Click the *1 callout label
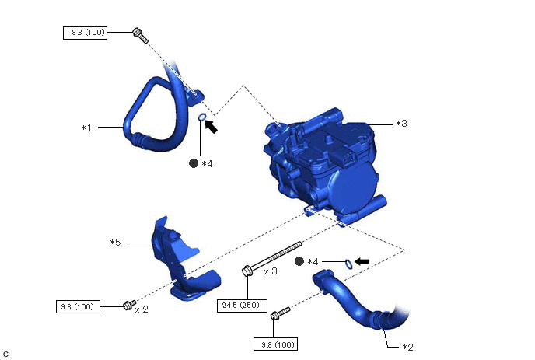[86, 128]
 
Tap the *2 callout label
[407, 348]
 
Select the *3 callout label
[401, 123]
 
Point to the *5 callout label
[115, 243]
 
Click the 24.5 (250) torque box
[243, 306]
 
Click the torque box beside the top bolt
[86, 33]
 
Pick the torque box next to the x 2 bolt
[78, 307]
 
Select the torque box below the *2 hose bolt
[276, 344]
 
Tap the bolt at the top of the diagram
[140, 36]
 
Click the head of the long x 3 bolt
[247, 271]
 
